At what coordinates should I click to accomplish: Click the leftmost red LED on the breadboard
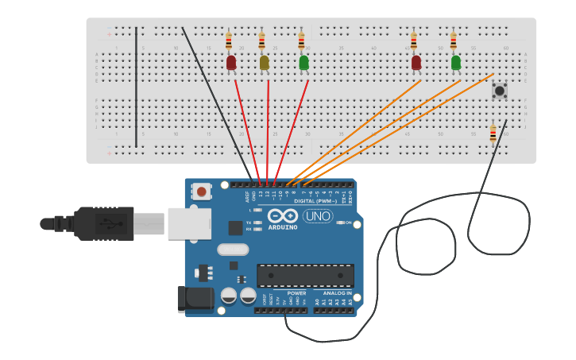(x=231, y=62)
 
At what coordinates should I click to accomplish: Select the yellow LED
(x=264, y=62)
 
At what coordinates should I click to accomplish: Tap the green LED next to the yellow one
(x=303, y=62)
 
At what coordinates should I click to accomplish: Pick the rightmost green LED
(x=455, y=62)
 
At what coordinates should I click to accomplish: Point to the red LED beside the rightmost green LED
(x=416, y=62)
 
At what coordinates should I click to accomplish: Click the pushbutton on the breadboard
(x=499, y=91)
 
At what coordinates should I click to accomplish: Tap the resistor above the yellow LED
(x=261, y=41)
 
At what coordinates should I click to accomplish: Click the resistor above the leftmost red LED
(x=229, y=41)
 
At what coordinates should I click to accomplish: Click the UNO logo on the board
(x=318, y=215)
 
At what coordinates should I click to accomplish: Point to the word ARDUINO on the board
(x=282, y=227)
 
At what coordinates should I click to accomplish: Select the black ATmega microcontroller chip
(x=305, y=275)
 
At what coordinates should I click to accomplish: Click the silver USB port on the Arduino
(x=189, y=223)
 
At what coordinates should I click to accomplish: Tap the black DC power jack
(x=195, y=299)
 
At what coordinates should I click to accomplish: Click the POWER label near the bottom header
(x=296, y=293)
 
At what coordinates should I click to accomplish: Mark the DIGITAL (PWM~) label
(x=315, y=201)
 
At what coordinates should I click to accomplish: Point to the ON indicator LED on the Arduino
(x=341, y=223)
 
